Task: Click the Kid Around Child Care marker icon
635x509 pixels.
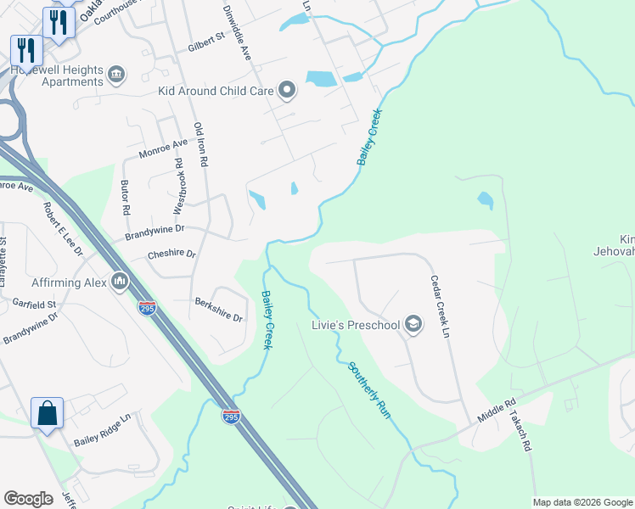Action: [x=287, y=90]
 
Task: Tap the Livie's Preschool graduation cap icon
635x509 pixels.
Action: [x=413, y=324]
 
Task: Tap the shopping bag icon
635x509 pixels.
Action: [x=48, y=414]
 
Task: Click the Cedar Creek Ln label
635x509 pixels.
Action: [x=439, y=306]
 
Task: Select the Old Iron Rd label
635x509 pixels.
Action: [x=200, y=144]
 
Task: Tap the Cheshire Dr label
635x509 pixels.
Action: [x=171, y=254]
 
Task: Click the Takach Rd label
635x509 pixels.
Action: [x=520, y=432]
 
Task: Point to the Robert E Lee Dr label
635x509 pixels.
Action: [x=64, y=230]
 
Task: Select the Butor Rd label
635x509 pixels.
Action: [x=126, y=197]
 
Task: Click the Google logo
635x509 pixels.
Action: [x=28, y=499]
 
